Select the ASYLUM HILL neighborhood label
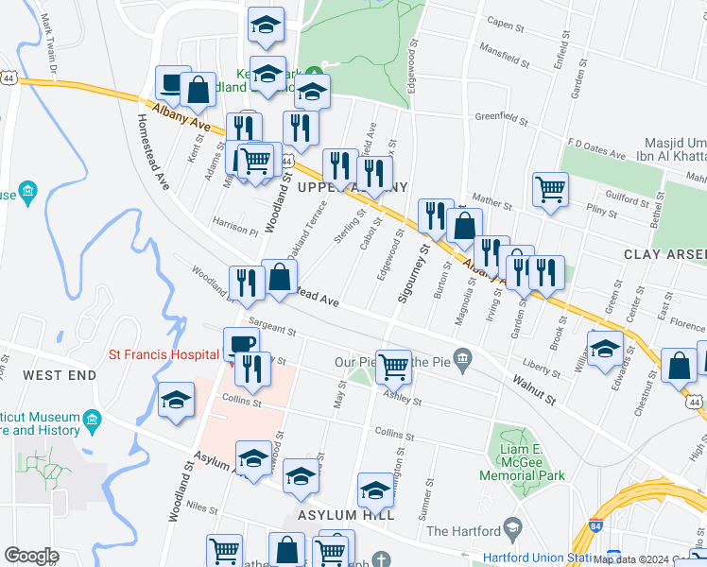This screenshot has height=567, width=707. (x=339, y=515)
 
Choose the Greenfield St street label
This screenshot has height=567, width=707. (x=500, y=119)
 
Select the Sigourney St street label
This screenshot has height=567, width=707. (x=423, y=274)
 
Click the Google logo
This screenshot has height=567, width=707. (x=31, y=556)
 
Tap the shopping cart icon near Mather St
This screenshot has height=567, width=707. (x=549, y=188)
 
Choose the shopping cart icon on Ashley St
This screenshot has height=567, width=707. (x=393, y=365)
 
